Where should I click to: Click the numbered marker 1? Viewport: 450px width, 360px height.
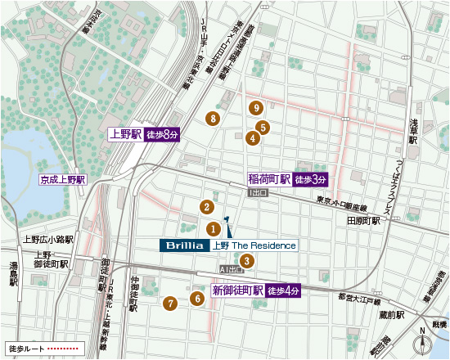tap(212, 229)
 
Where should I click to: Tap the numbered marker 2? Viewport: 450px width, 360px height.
tap(208, 207)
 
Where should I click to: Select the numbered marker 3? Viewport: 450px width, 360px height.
tap(248, 261)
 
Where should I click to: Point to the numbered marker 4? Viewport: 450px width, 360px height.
tap(253, 138)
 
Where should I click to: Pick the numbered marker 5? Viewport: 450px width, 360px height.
tap(263, 127)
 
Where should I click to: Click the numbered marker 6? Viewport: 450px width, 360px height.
tap(197, 299)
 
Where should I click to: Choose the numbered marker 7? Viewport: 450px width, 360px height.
tap(169, 303)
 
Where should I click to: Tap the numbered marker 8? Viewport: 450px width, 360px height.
tap(214, 119)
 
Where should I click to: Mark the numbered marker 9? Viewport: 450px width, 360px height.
tap(256, 108)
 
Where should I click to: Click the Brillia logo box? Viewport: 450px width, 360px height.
tap(184, 245)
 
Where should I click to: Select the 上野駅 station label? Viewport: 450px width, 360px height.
tap(125, 134)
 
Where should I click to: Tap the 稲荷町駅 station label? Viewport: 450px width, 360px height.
tap(269, 179)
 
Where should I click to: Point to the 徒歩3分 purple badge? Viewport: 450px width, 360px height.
tap(311, 179)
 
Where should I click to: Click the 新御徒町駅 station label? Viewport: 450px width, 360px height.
tap(237, 290)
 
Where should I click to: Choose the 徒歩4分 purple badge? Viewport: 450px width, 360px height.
tap(284, 290)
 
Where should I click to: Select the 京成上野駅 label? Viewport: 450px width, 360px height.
tap(62, 178)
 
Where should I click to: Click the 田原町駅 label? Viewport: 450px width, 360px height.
tap(362, 221)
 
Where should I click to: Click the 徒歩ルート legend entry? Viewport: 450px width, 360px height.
tap(41, 348)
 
